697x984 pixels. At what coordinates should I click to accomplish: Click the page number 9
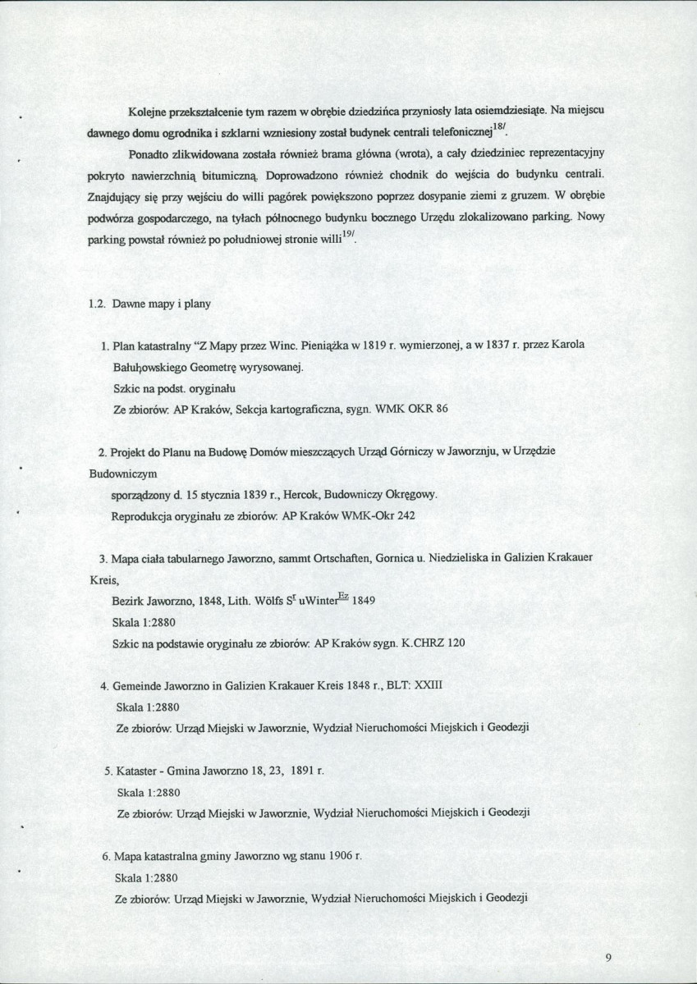pyautogui.click(x=608, y=956)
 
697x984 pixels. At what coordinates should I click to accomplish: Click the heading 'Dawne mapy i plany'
pyautogui.click(x=160, y=304)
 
